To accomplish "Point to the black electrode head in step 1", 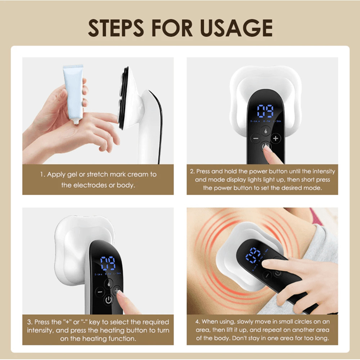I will click(123, 97).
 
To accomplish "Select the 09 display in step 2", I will click(265, 111).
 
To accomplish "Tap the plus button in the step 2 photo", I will click(276, 138).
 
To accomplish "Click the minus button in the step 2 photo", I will click(256, 138).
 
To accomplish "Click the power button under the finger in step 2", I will click(266, 146).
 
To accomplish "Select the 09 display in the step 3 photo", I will click(108, 264).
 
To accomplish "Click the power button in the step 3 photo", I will click(109, 300).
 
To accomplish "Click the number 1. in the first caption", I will click(42, 175).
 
